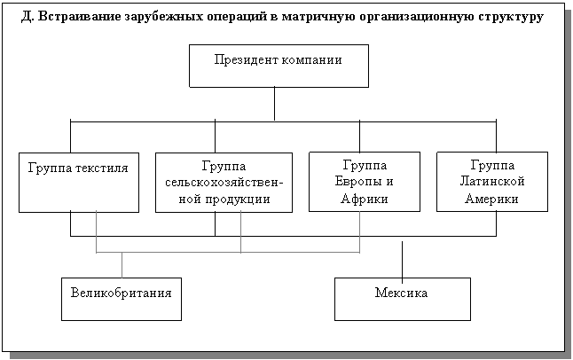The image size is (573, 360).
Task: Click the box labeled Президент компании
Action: tap(279, 66)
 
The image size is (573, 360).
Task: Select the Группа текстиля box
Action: tap(78, 182)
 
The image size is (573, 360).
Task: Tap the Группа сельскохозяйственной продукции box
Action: tap(224, 183)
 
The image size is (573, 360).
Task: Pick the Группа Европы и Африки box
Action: tap(364, 182)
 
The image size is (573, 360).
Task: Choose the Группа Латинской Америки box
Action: tap(491, 182)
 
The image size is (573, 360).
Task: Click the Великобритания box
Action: tap(122, 299)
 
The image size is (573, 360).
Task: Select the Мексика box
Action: tap(402, 299)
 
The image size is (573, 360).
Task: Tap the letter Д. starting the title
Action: tap(27, 17)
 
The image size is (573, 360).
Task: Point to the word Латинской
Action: tap(492, 182)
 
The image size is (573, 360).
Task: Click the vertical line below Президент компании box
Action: tap(275, 103)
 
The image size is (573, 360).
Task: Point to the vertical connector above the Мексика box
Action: tap(403, 257)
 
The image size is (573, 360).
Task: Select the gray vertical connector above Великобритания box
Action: tap(122, 264)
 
